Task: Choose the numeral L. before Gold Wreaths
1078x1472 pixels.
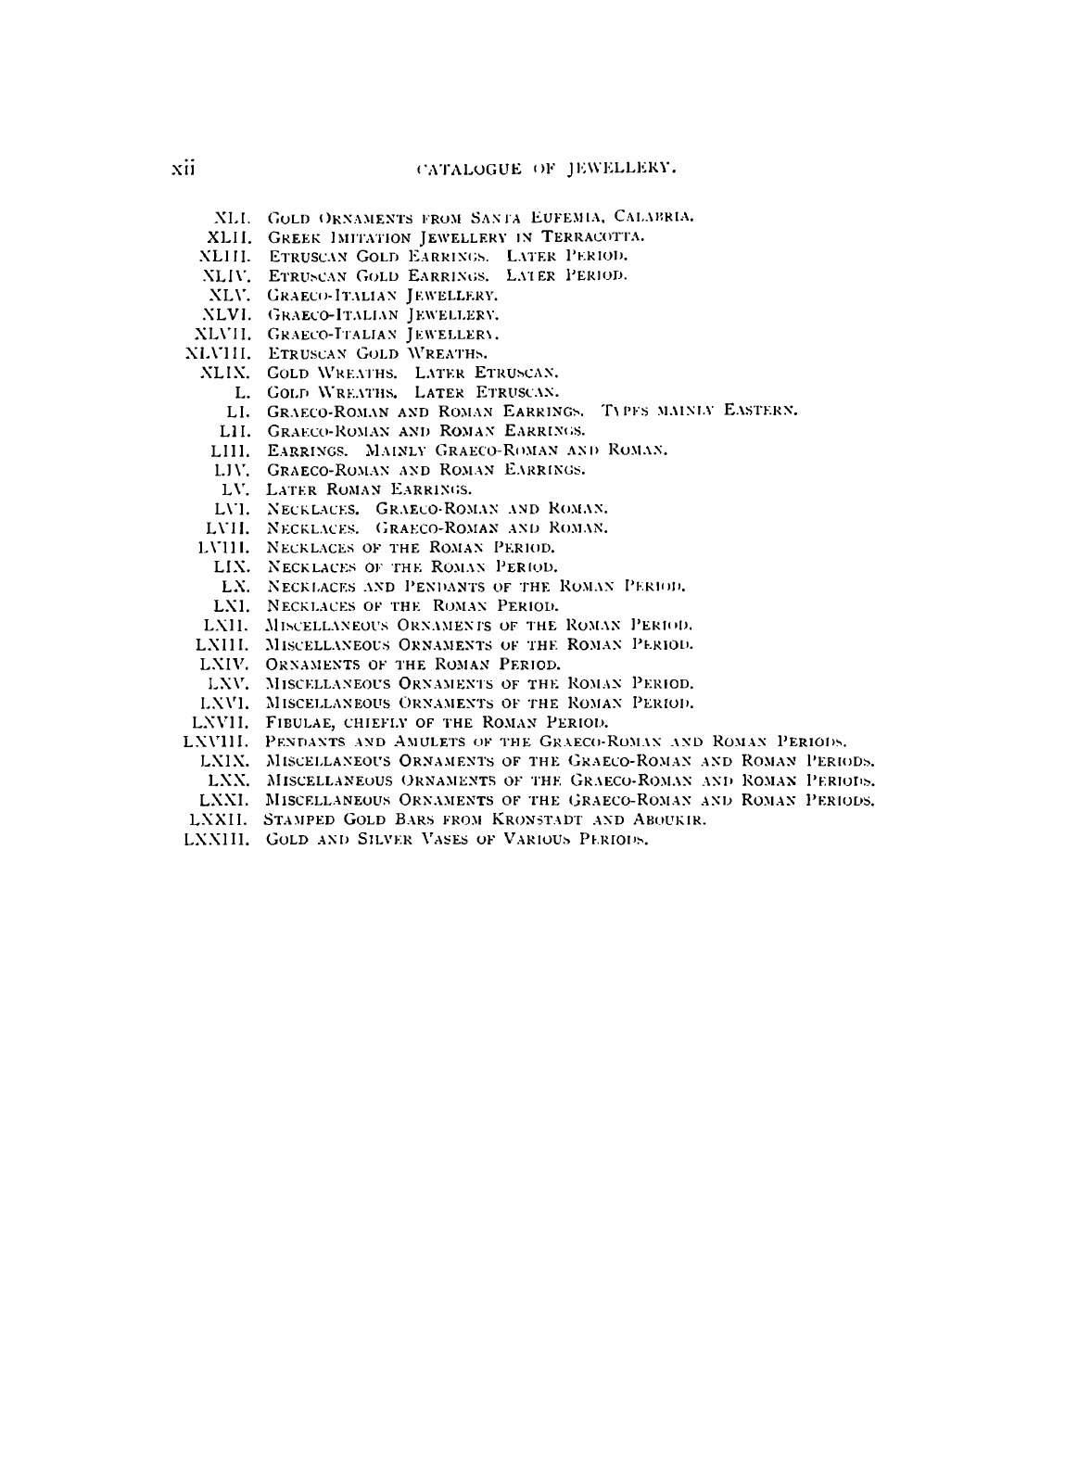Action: click(244, 392)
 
